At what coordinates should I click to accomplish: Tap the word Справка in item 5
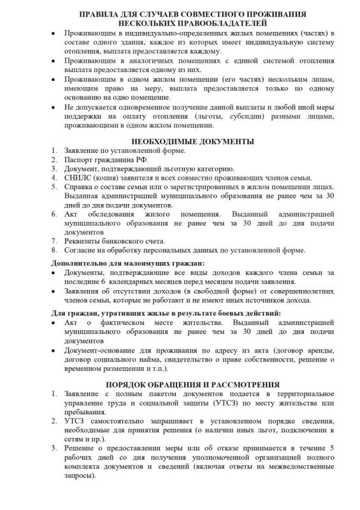[x=79, y=187]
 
